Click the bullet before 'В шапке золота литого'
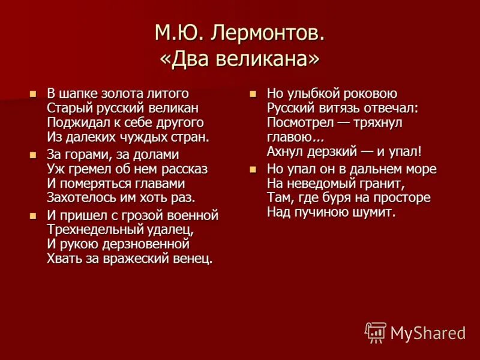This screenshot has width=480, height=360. point(34,94)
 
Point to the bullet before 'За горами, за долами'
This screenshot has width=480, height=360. point(34,155)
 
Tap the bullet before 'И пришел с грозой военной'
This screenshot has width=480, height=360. point(34,215)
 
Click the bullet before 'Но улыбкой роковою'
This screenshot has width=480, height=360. point(253,94)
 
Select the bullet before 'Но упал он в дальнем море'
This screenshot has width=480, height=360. point(253,169)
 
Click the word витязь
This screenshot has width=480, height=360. point(335,108)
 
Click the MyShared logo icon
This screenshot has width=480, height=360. point(376,332)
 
